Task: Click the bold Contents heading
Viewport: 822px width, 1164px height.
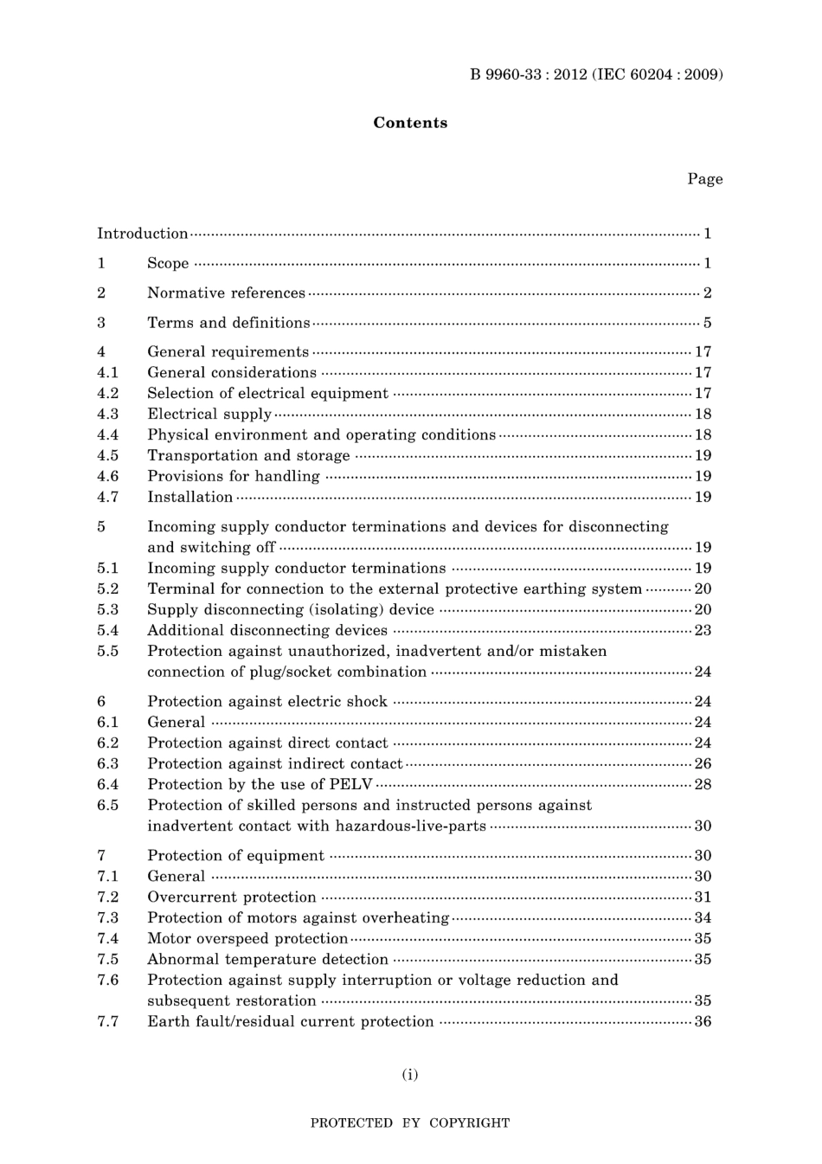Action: (410, 123)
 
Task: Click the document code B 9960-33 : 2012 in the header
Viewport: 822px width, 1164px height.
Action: (529, 74)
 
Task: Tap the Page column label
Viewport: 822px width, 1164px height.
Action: (704, 179)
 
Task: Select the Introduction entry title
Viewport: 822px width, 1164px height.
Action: (142, 234)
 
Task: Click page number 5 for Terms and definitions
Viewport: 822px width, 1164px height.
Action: (707, 323)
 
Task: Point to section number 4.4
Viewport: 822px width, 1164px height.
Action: (107, 434)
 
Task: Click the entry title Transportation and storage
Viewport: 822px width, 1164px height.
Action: (248, 455)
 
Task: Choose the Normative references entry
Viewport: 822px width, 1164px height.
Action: (226, 293)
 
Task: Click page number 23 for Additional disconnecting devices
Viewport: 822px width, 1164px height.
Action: (703, 630)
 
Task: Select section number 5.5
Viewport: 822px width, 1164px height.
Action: (107, 651)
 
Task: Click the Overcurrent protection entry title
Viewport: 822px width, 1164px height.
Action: (232, 897)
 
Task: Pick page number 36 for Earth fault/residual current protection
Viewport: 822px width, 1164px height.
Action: (703, 1021)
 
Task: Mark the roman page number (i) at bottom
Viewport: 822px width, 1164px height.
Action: (409, 1074)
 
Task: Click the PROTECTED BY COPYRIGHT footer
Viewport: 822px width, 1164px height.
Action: (409, 1122)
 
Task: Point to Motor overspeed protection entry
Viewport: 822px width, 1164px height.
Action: (247, 938)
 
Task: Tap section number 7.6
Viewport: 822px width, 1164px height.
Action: (107, 980)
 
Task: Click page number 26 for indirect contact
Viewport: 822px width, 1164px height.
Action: (703, 763)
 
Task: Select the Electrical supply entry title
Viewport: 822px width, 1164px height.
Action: (209, 414)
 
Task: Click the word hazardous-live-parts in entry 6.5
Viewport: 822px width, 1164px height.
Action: (411, 826)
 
